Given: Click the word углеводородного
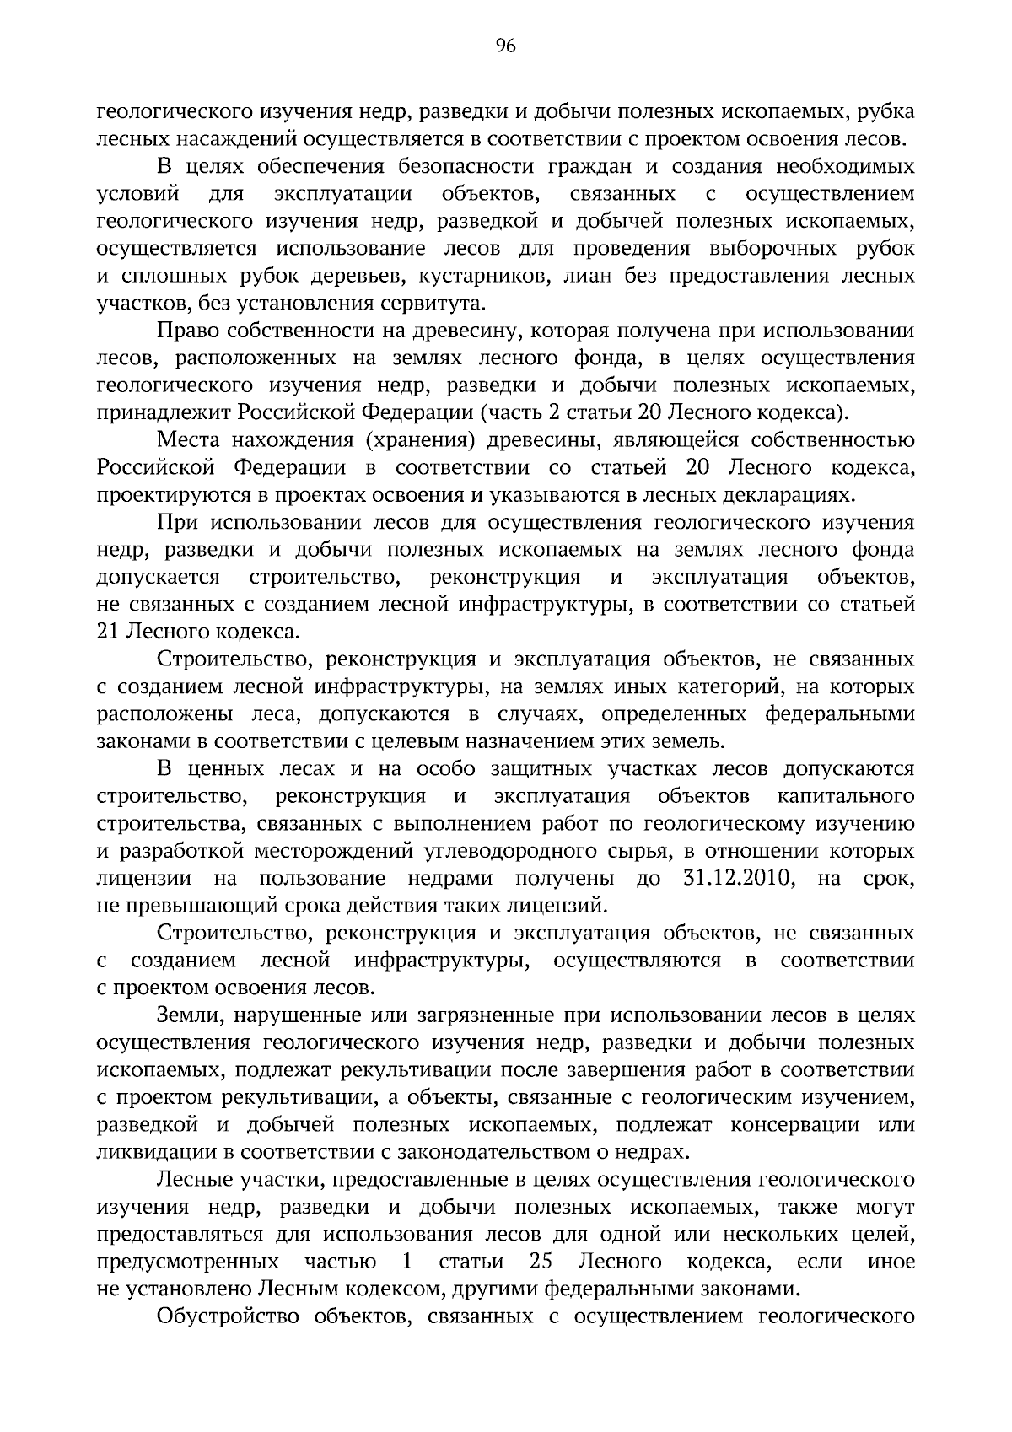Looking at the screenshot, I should pyautogui.click(x=530, y=851).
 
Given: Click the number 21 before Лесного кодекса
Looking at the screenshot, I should pyautogui.click(x=108, y=632).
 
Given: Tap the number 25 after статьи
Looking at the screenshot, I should pyautogui.click(x=542, y=1262).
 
